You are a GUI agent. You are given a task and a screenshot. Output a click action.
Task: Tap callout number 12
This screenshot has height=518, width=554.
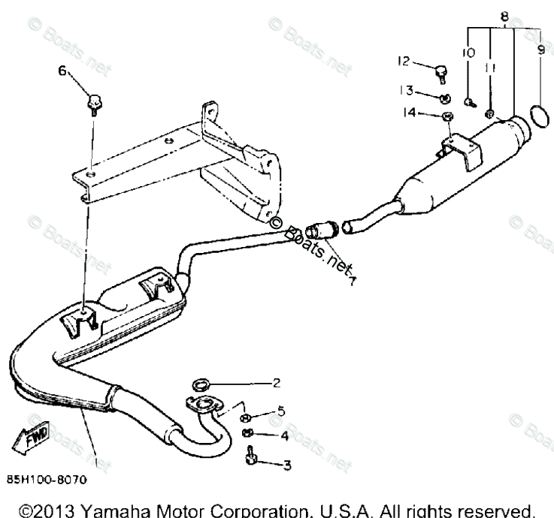point(403,60)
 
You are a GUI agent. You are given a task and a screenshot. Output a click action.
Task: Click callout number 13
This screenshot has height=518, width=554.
point(406,90)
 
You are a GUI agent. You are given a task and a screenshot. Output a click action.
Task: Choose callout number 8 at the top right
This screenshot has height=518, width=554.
point(504,15)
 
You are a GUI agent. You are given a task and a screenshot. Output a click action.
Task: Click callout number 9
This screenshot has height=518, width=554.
point(540,51)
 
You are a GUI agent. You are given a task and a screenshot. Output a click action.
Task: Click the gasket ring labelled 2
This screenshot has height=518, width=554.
point(201,385)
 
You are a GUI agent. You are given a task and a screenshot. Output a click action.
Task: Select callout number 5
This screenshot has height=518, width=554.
point(280,411)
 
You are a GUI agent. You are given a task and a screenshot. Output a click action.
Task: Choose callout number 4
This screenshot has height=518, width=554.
point(284,435)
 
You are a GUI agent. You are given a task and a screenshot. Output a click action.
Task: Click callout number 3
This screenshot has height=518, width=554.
point(286,465)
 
